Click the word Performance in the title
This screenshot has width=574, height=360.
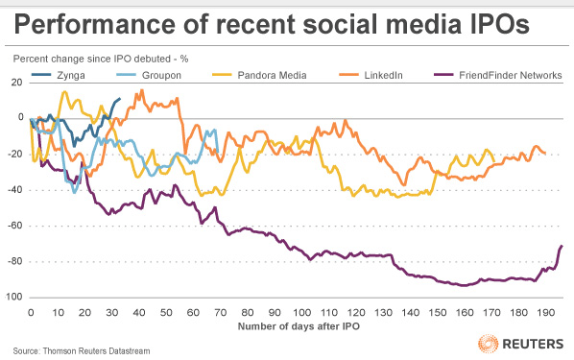94,25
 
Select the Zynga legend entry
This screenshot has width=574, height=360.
59,75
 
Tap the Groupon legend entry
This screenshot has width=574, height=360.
149,75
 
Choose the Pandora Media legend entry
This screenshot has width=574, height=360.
259,75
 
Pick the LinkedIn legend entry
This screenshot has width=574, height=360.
371,75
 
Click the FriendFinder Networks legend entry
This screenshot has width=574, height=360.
498,75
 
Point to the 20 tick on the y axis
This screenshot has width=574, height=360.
17,82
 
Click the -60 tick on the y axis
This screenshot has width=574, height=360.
15,226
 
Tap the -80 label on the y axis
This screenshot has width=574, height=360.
15,261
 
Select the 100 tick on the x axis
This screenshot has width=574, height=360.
301,312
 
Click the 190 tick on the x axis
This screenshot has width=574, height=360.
546,312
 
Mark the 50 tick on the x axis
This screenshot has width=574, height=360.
166,312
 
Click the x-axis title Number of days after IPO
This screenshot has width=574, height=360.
299,326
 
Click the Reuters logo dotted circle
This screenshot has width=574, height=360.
488,344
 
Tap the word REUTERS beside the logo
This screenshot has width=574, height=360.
533,344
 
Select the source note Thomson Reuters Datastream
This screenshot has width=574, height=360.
96,350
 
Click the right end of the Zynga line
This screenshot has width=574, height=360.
120,98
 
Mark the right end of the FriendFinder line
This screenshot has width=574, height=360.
562,246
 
